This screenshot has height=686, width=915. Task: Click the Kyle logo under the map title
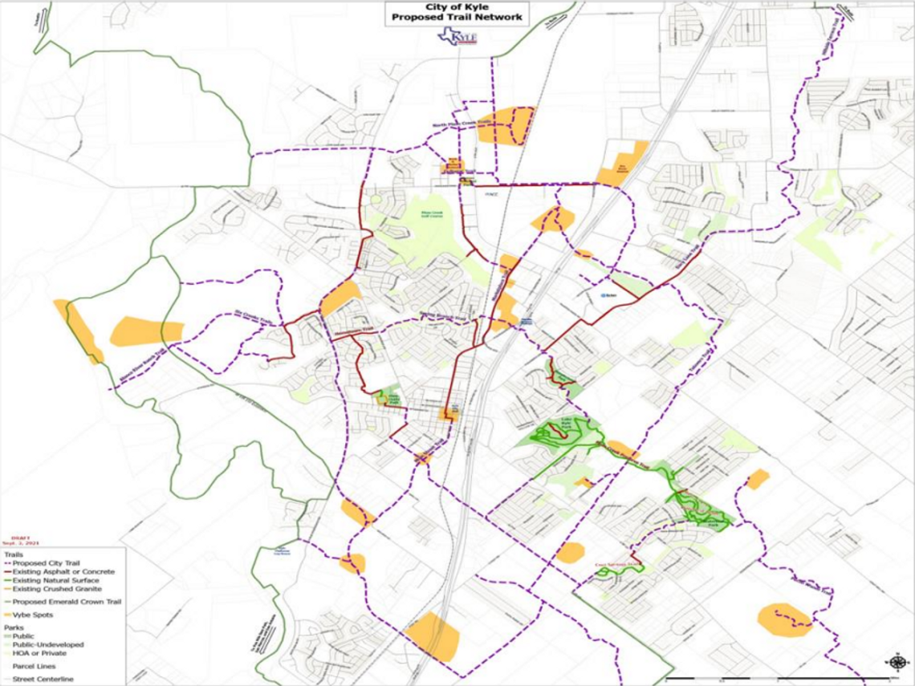pyautogui.click(x=458, y=36)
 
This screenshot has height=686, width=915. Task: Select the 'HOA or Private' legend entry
pyautogui.click(x=40, y=653)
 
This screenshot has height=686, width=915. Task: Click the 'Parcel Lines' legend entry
pyautogui.click(x=35, y=667)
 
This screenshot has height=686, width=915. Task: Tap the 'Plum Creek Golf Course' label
pyautogui.click(x=433, y=213)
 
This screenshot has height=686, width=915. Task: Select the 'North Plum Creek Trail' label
pyautogui.click(x=461, y=124)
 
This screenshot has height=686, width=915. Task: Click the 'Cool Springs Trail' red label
pyautogui.click(x=618, y=564)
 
